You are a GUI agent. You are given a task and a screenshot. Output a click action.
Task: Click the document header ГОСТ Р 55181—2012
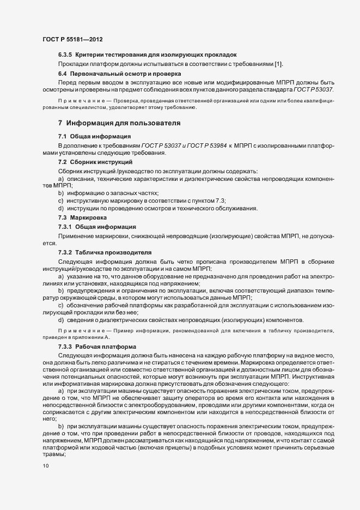(x=72, y=39)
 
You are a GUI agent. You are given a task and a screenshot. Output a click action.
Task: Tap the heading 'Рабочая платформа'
(x=102, y=347)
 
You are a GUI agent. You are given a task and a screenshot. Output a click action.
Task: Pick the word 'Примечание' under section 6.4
(x=80, y=101)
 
